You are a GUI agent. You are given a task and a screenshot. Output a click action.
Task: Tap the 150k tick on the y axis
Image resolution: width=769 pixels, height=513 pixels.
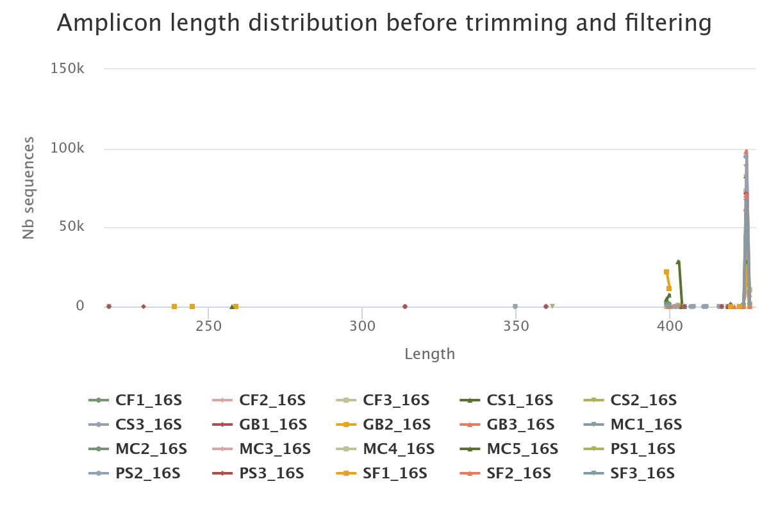[67, 69]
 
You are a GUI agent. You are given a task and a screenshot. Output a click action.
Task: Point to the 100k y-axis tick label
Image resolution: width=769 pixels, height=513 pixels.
[67, 149]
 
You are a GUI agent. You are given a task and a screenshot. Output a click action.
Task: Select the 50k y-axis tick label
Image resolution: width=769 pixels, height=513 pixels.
[71, 227]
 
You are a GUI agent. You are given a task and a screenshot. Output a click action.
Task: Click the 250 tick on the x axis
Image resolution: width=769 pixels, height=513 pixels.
[208, 326]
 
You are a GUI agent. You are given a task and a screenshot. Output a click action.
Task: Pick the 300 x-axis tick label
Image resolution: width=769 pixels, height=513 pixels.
[362, 326]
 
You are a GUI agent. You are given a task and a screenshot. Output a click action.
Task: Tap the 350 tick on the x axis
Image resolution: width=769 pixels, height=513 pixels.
[516, 326]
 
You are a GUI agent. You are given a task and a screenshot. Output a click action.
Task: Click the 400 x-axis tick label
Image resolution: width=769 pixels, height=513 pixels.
[670, 326]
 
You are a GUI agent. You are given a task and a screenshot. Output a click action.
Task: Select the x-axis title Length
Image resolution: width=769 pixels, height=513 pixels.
[429, 354]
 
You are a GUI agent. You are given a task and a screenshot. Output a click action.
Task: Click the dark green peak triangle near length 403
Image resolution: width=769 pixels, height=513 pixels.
[678, 262]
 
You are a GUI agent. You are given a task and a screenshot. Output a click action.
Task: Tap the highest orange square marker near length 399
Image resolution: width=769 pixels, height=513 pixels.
[666, 272]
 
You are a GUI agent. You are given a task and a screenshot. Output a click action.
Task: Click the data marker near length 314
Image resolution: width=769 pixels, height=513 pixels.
[405, 307]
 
